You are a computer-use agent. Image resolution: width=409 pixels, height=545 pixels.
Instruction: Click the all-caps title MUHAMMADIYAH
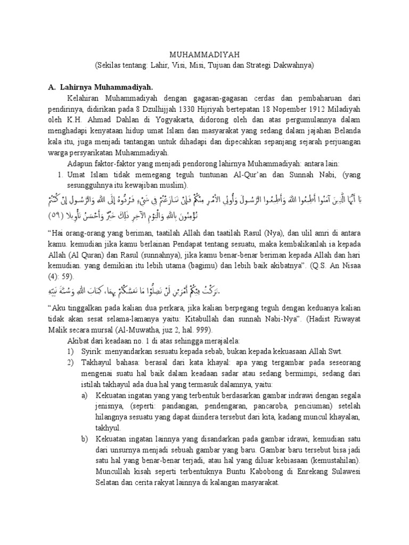pyautogui.click(x=204, y=54)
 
